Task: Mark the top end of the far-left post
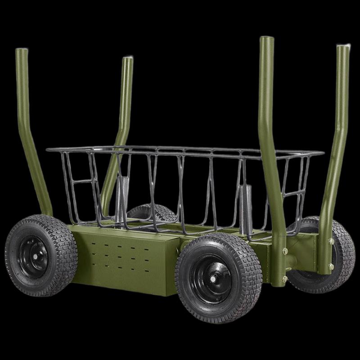(x=21, y=50)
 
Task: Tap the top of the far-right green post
(x=343, y=46)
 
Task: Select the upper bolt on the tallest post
(x=285, y=251)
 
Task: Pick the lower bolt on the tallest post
(x=285, y=279)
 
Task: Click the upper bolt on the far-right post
(x=331, y=242)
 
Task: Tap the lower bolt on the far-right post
(x=331, y=266)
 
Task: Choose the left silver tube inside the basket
(x=122, y=198)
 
